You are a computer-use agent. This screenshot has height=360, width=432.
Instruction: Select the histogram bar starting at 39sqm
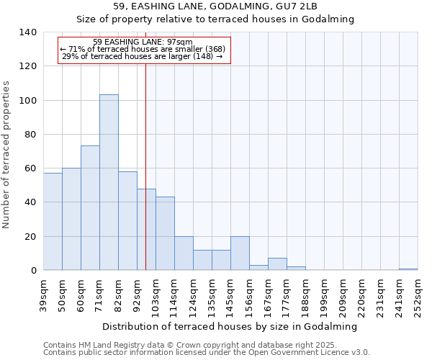[53, 221]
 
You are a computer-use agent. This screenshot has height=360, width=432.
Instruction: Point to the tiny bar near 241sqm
[408, 269]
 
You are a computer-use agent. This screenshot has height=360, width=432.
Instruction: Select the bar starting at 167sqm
[277, 264]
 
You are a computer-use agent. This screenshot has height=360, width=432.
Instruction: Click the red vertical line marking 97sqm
[146, 158]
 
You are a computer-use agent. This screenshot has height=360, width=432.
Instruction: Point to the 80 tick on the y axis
[30, 135]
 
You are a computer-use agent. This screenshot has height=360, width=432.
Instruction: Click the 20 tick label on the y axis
[30, 237]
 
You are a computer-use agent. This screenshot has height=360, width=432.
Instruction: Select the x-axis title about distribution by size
[230, 326]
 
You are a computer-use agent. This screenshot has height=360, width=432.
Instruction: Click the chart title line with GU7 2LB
[215, 6]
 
